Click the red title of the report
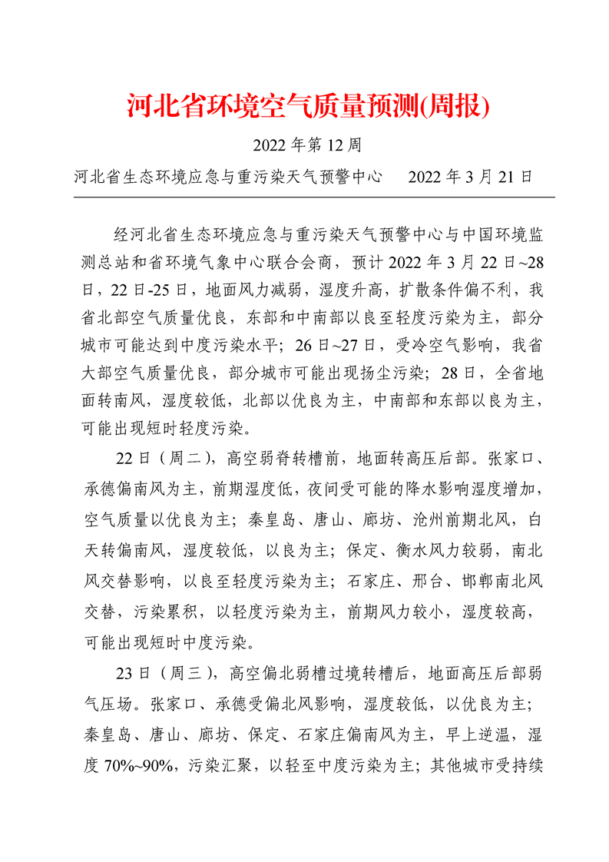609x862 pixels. (307, 107)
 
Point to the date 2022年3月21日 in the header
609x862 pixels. (470, 177)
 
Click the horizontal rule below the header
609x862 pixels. (313, 197)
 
